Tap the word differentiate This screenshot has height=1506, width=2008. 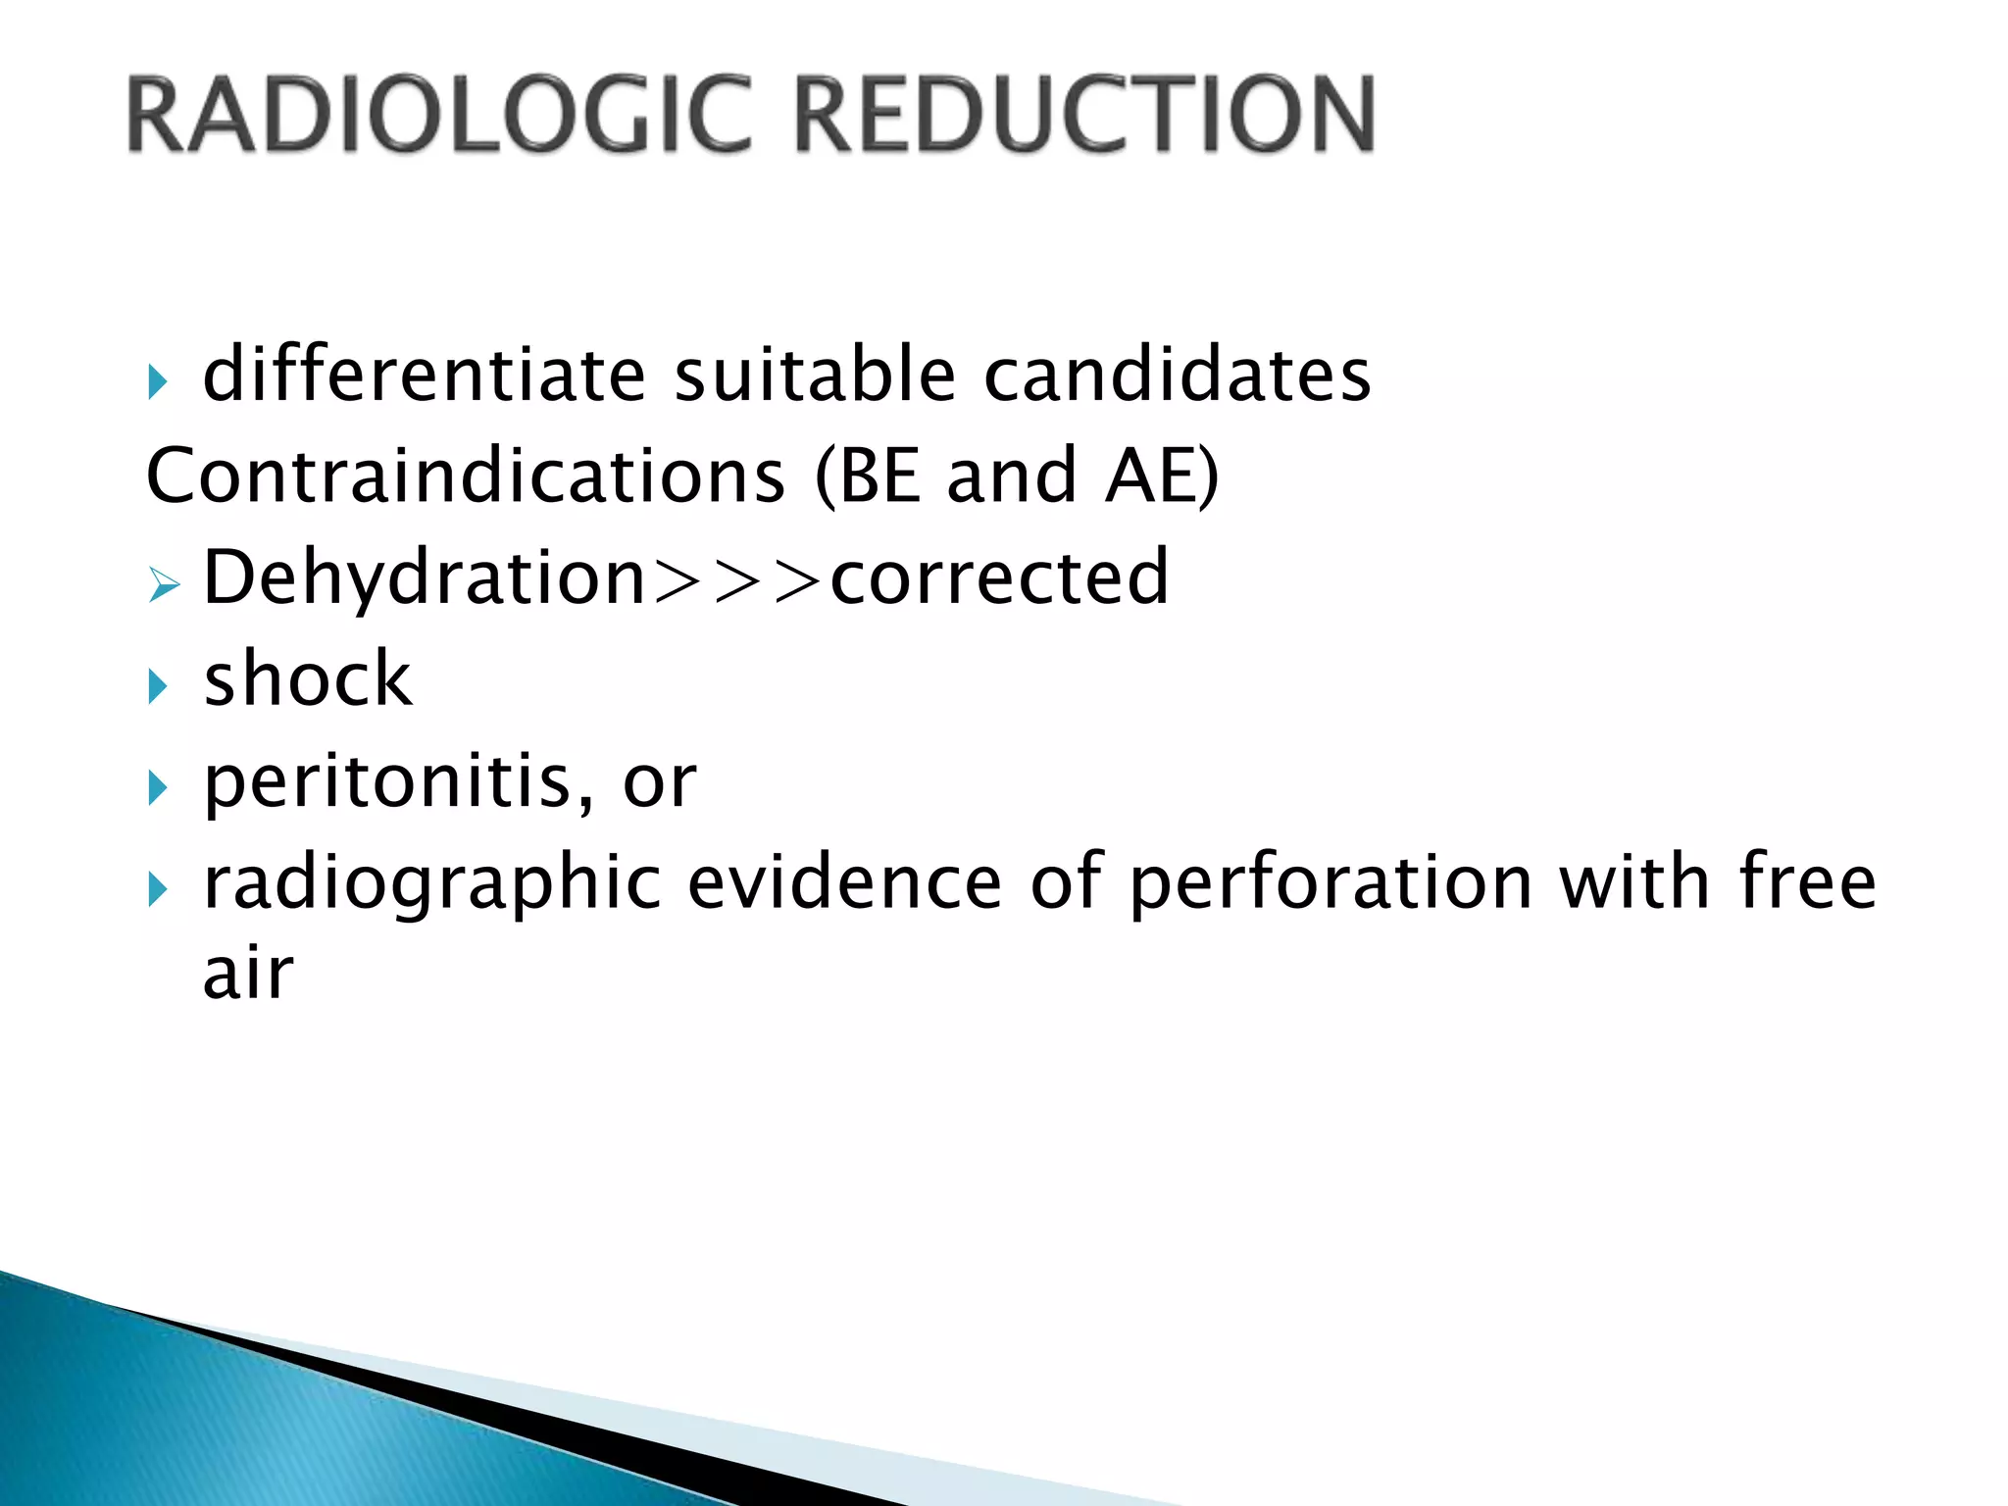pos(424,375)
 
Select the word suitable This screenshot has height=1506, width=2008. pos(814,375)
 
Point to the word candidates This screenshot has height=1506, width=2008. pos(1177,376)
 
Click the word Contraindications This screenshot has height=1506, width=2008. pos(465,477)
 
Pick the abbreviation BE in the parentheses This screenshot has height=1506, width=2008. pos(879,477)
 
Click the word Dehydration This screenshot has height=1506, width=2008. pos(424,578)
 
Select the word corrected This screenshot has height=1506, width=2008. pos(999,578)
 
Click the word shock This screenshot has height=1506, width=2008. pos(308,678)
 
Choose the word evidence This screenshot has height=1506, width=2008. pos(844,882)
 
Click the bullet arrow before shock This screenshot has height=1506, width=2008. pos(158,686)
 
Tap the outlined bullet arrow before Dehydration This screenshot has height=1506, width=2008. pos(164,586)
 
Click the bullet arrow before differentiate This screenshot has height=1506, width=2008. pos(158,382)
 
